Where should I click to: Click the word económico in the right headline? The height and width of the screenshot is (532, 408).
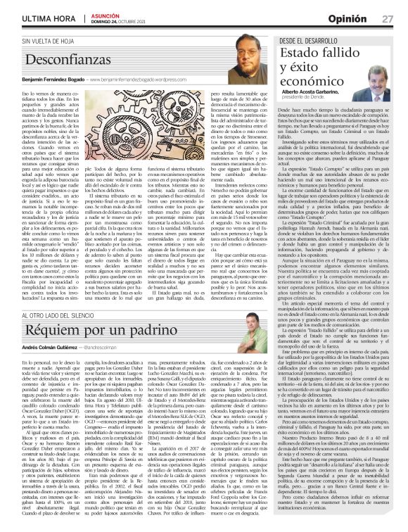pos(310,83)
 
